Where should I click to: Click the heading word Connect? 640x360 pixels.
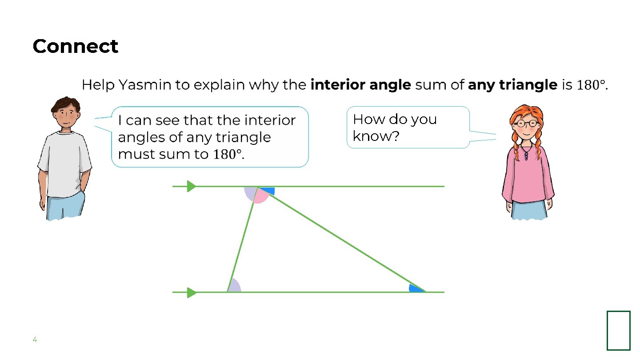point(76,46)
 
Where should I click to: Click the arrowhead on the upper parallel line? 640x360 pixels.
point(192,186)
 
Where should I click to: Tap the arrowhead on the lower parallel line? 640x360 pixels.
point(192,292)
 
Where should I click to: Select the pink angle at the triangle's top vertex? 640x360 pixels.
point(260,197)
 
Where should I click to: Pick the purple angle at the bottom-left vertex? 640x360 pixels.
point(235,287)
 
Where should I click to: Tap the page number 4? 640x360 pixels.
point(35,340)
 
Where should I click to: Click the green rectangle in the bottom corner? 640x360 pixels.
point(618,330)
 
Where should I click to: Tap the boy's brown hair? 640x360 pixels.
point(65,105)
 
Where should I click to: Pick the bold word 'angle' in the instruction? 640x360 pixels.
point(392,84)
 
